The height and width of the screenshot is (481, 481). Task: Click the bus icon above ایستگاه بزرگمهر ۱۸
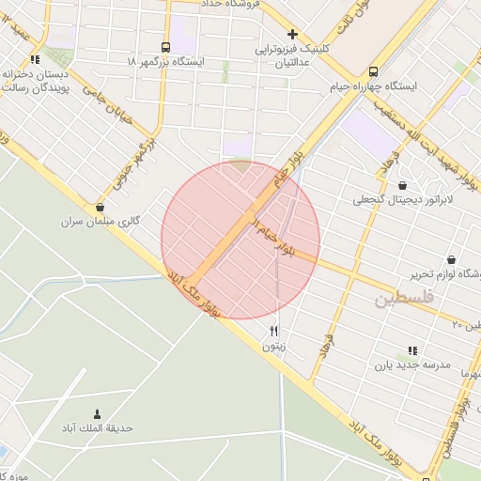[166, 47]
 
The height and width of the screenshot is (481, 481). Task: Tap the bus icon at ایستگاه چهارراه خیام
[374, 71]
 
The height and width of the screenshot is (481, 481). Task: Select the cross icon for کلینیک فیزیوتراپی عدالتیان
[293, 34]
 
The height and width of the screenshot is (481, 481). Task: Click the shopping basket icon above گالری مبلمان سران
[100, 207]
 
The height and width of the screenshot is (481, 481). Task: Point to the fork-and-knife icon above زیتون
[273, 331]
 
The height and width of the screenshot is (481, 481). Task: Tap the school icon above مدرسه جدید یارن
[412, 350]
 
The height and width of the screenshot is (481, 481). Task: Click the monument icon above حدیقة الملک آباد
[97, 413]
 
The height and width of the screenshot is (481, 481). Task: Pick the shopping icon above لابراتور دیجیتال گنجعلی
[403, 186]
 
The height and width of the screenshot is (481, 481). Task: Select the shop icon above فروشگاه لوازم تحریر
[451, 260]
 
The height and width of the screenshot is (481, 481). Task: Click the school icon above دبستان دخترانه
[35, 60]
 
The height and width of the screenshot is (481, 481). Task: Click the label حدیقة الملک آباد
[98, 428]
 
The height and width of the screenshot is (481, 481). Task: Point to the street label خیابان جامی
[104, 101]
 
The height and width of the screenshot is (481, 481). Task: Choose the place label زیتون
[273, 346]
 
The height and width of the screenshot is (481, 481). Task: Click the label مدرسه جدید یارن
[412, 365]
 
